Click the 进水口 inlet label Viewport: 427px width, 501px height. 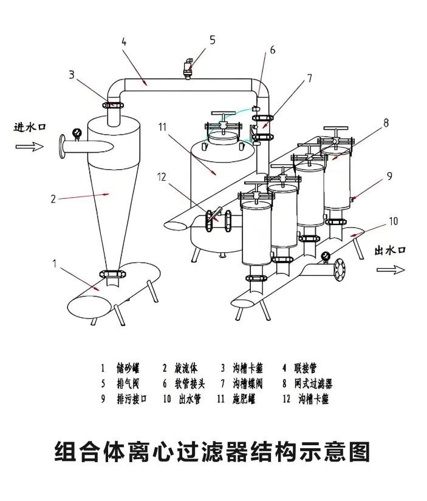[30, 127]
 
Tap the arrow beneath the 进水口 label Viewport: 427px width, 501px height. [29, 146]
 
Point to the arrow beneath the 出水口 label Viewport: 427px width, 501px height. [390, 269]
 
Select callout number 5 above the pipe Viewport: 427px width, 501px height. [212, 40]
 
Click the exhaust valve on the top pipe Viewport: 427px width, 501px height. [189, 68]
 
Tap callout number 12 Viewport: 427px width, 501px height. [161, 177]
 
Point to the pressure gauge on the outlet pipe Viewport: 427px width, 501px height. [326, 256]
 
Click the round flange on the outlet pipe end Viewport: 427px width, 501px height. [338, 269]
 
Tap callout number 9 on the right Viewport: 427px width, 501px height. [389, 176]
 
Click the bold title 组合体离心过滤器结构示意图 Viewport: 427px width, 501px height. [213, 451]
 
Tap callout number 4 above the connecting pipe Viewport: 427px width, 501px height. [124, 42]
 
